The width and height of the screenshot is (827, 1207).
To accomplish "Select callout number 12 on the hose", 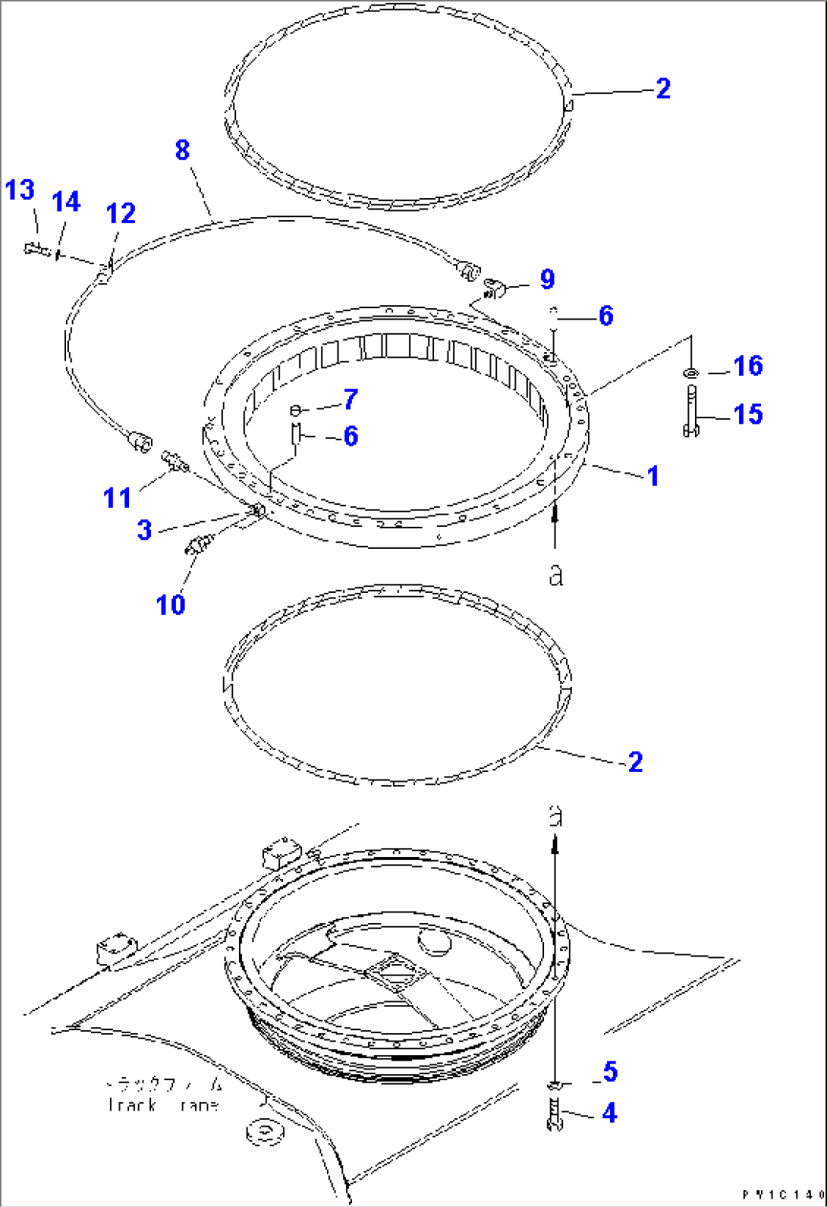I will click(x=121, y=213).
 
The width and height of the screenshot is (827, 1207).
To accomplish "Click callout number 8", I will click(x=182, y=150).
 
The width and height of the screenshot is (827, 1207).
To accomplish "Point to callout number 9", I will click(x=547, y=279).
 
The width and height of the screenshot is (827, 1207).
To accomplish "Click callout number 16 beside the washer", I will click(x=747, y=366).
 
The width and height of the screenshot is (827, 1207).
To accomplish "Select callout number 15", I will click(x=747, y=414).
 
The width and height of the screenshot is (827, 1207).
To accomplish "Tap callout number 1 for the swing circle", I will click(x=652, y=476).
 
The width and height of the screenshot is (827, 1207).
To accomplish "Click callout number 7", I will click(x=350, y=399).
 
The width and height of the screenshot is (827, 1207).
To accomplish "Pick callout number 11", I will click(x=118, y=498).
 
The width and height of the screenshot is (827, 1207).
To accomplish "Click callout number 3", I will click(x=144, y=530).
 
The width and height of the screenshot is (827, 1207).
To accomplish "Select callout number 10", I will click(x=170, y=605).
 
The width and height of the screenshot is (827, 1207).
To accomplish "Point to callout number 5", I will click(x=610, y=1072).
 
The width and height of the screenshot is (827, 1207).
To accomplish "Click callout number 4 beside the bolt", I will click(x=609, y=1114).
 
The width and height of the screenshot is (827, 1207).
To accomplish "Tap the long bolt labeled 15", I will click(x=691, y=411).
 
